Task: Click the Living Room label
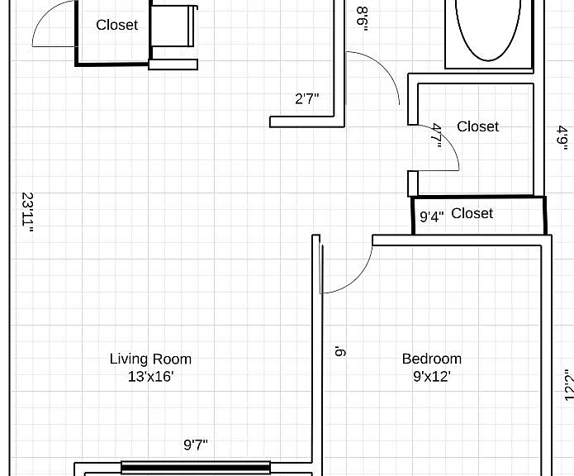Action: (150, 359)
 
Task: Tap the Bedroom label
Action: (432, 359)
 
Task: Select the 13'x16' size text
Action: (150, 376)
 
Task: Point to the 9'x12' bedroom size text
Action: (432, 376)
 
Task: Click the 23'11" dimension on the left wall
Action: (28, 212)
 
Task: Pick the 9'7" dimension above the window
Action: (196, 445)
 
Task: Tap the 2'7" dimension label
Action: (306, 98)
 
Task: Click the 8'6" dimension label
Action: (362, 19)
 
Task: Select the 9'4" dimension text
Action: (432, 217)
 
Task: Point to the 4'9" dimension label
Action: (562, 138)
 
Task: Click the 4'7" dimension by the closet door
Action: (437, 135)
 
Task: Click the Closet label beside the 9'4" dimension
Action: (472, 213)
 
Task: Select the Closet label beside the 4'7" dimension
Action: (477, 126)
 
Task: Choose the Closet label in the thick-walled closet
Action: (116, 25)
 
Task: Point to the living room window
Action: (196, 468)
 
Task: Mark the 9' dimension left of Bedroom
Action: (340, 351)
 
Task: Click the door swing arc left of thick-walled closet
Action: (42, 16)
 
